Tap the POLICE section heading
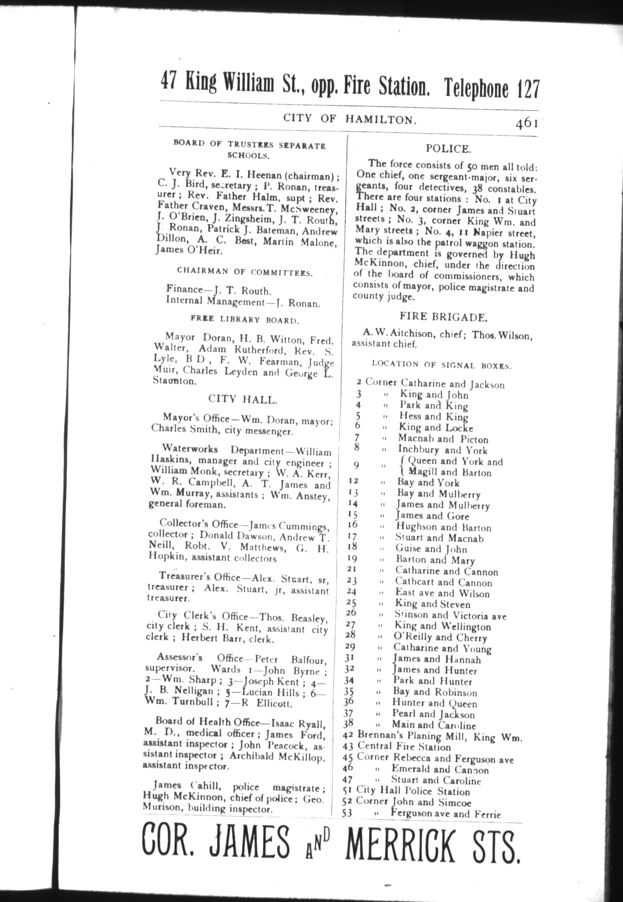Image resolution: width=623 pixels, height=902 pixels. click(x=448, y=149)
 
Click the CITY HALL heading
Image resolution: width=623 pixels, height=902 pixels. click(x=243, y=399)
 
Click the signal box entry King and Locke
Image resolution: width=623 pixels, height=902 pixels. click(x=436, y=427)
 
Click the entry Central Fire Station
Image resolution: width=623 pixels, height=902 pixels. click(x=404, y=747)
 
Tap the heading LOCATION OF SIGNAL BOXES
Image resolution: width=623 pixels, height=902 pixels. click(x=442, y=365)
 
